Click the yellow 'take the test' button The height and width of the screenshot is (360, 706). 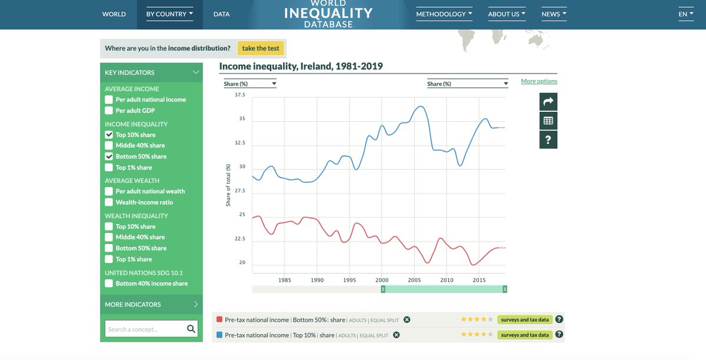[x=261, y=48]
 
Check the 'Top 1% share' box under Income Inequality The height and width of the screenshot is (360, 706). [x=109, y=168]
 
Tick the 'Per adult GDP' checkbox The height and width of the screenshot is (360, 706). [x=109, y=111]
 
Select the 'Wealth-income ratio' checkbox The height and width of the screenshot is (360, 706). [x=109, y=202]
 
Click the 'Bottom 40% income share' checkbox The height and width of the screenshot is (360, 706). [x=109, y=284]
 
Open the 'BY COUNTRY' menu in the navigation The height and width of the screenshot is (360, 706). [x=169, y=14]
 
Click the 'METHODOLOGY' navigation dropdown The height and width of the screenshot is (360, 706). [x=444, y=14]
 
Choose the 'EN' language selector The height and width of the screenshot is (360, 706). [x=685, y=14]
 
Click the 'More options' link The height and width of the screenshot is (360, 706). [x=539, y=81]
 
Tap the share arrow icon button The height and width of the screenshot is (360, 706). [x=548, y=102]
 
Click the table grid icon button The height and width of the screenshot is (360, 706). [x=548, y=121]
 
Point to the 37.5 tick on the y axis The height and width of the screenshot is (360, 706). [x=239, y=95]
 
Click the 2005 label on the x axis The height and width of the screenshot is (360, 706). [x=414, y=280]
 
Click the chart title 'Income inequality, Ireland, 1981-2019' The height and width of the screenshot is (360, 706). [x=301, y=66]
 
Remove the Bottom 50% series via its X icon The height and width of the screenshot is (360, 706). [x=407, y=320]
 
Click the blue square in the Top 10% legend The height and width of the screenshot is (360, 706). [x=219, y=335]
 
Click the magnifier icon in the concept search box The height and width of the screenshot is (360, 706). [x=191, y=329]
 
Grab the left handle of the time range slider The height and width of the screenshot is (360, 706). [x=382, y=289]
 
